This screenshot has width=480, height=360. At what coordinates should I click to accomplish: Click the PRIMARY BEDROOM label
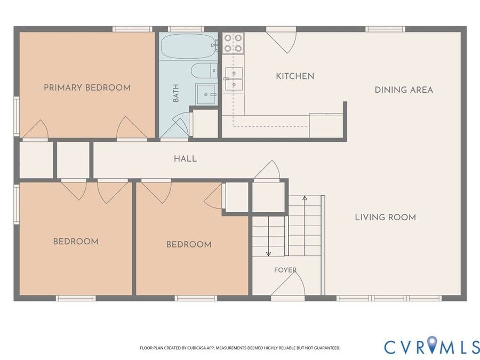(x=87, y=87)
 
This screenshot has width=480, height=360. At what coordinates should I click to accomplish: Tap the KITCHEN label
(x=295, y=76)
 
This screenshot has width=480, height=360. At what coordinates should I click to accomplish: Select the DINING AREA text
(x=404, y=90)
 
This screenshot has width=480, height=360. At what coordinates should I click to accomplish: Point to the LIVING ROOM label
(x=386, y=218)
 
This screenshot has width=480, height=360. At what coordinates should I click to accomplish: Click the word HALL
(x=185, y=158)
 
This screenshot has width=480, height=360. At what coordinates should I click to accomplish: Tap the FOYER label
(x=285, y=270)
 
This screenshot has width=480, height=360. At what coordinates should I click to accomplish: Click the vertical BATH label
(x=175, y=93)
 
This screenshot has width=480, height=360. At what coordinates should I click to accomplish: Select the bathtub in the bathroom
(x=189, y=46)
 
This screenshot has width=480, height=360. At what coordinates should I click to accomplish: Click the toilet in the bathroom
(x=204, y=71)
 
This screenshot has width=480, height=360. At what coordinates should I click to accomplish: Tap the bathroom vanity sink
(x=206, y=94)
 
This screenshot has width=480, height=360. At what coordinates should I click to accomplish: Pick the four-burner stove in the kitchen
(x=233, y=43)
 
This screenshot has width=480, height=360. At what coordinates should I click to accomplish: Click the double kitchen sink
(x=234, y=79)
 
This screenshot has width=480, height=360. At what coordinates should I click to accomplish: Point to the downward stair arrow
(x=268, y=236)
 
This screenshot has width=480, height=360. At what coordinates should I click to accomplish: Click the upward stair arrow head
(x=305, y=198)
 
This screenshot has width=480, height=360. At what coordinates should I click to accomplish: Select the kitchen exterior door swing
(x=282, y=41)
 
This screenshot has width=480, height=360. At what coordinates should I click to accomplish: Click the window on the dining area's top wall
(x=386, y=29)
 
